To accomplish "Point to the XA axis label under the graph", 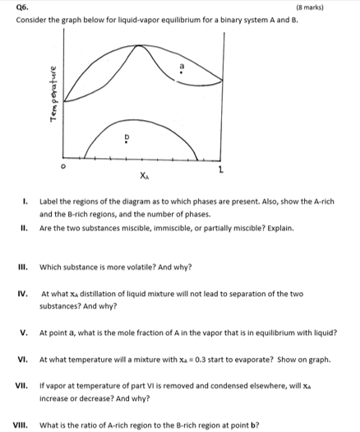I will point(145,175).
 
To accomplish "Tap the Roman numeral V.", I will point(26,332).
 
